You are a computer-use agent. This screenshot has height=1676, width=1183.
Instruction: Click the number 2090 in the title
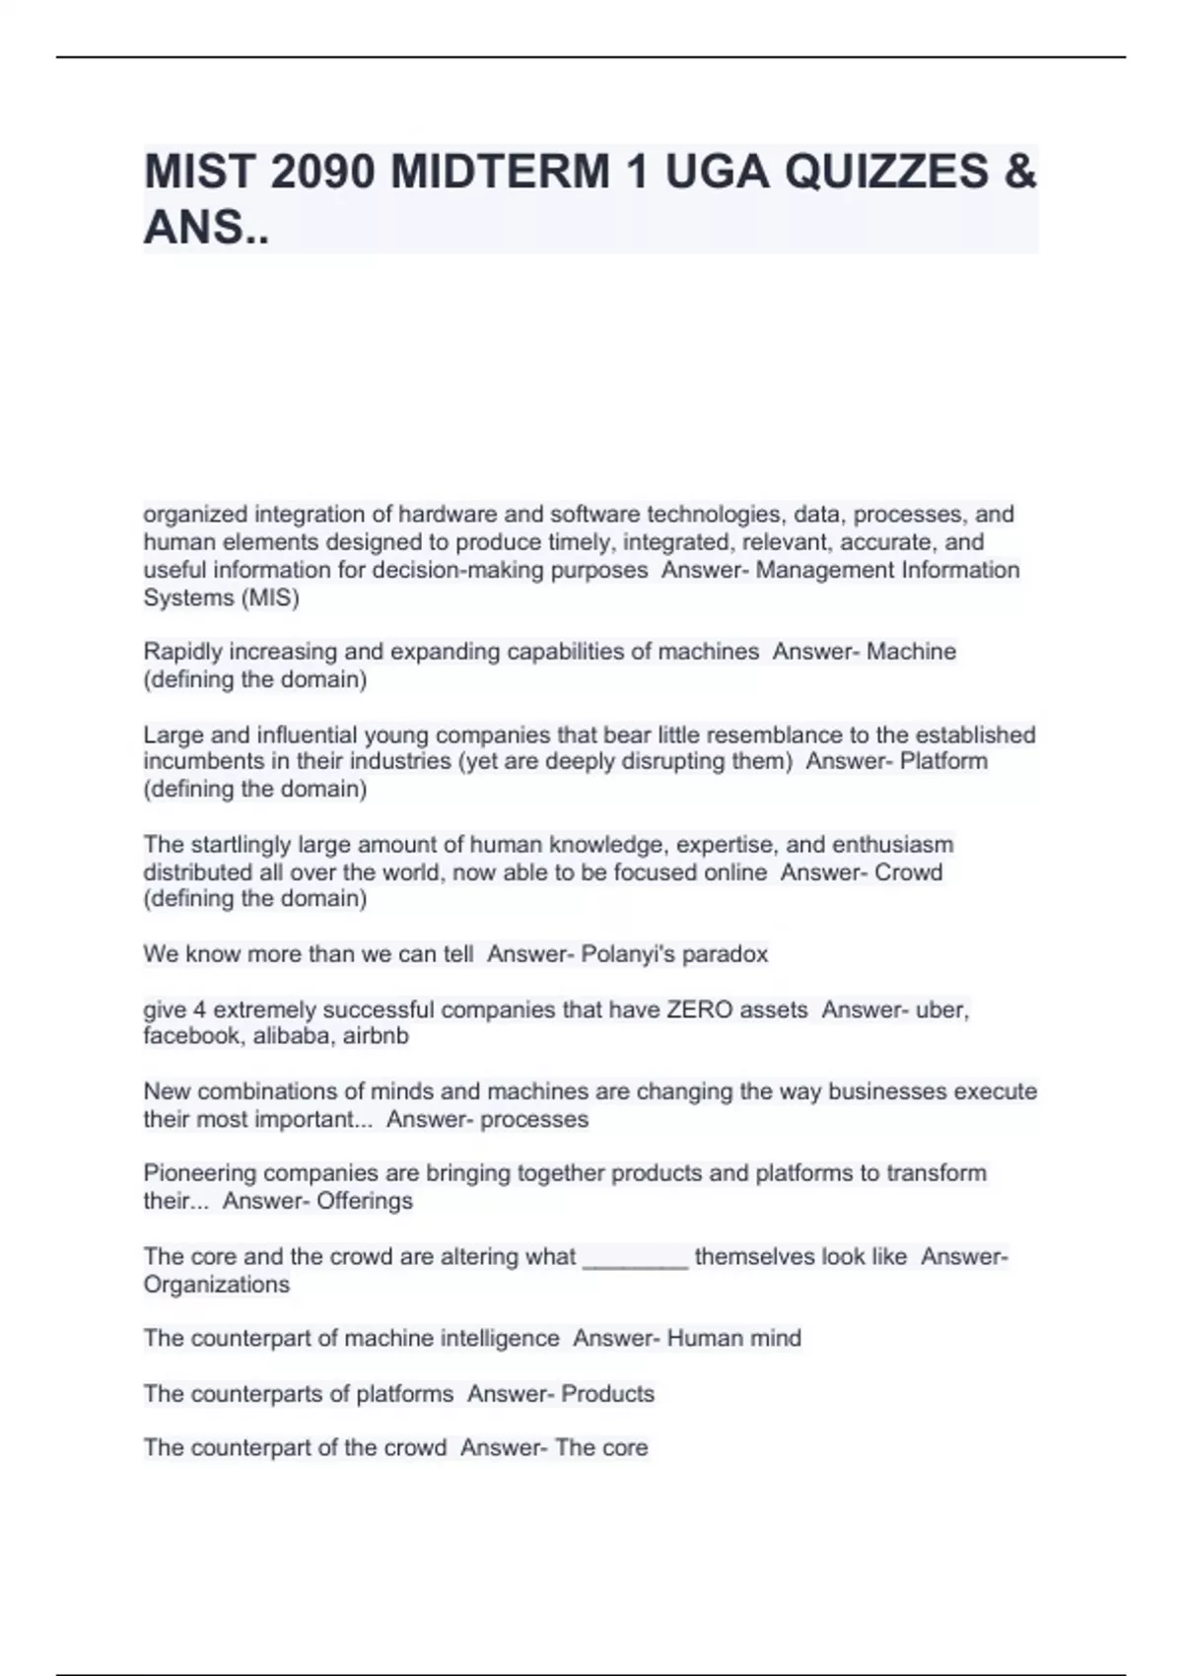(322, 173)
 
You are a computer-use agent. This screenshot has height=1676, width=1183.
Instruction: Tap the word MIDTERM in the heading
(500, 173)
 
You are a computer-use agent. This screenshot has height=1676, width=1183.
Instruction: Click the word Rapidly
(182, 652)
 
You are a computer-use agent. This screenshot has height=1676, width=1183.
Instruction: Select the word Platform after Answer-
(943, 761)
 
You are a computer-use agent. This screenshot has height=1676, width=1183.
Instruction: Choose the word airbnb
(376, 1036)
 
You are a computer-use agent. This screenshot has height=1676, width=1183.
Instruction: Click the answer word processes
(536, 1120)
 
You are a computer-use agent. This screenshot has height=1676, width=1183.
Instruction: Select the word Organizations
(217, 1285)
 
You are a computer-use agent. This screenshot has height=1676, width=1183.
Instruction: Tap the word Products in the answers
(607, 1394)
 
